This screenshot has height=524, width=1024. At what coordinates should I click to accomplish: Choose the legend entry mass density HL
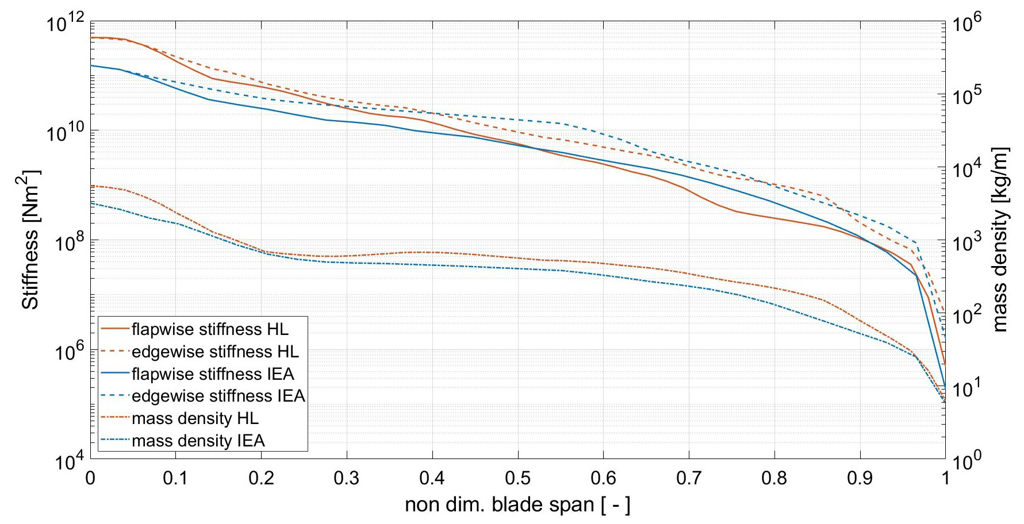195,419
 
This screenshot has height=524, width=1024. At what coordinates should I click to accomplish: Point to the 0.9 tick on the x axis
860,479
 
